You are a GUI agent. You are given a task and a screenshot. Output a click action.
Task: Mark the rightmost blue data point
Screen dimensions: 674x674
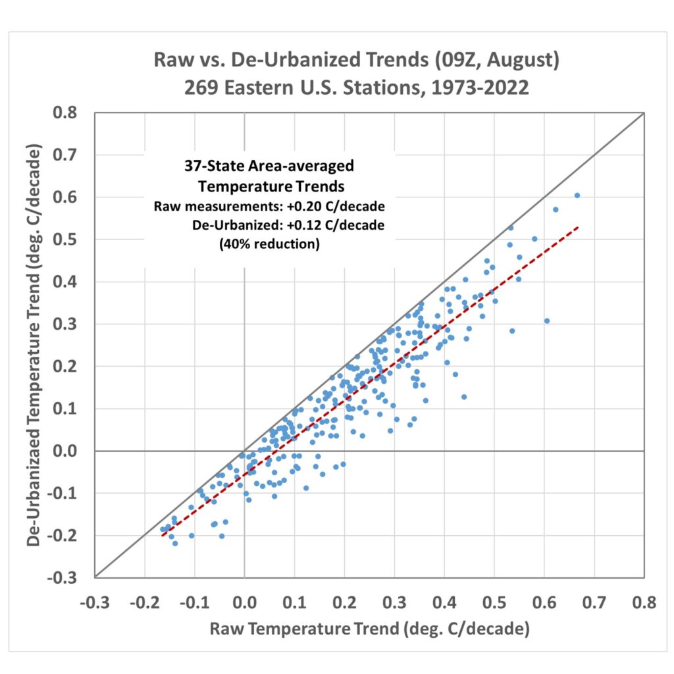[x=577, y=195]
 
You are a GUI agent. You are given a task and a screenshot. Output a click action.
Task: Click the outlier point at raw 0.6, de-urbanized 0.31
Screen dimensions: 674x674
[x=547, y=321]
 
